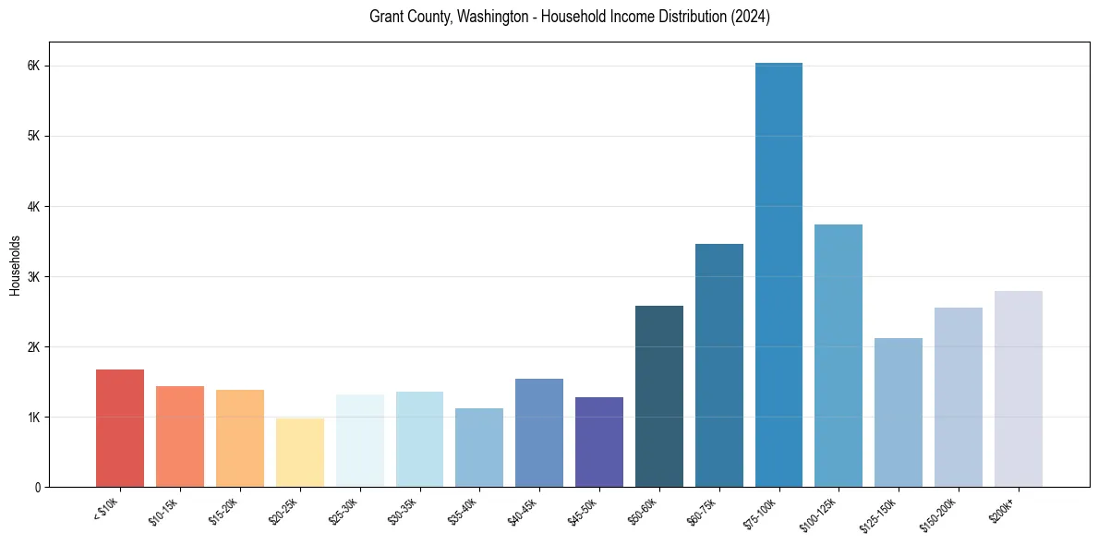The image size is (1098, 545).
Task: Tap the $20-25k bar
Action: tap(299, 453)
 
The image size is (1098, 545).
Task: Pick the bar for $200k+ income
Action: tap(1018, 389)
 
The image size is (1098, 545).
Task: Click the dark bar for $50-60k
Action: tap(659, 396)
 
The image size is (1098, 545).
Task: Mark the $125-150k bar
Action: tap(899, 412)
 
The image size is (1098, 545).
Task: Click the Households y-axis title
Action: tap(15, 265)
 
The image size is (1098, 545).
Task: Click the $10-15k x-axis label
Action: tap(163, 511)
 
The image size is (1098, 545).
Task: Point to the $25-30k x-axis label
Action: tap(344, 511)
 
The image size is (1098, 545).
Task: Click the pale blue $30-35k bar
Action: tap(419, 439)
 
